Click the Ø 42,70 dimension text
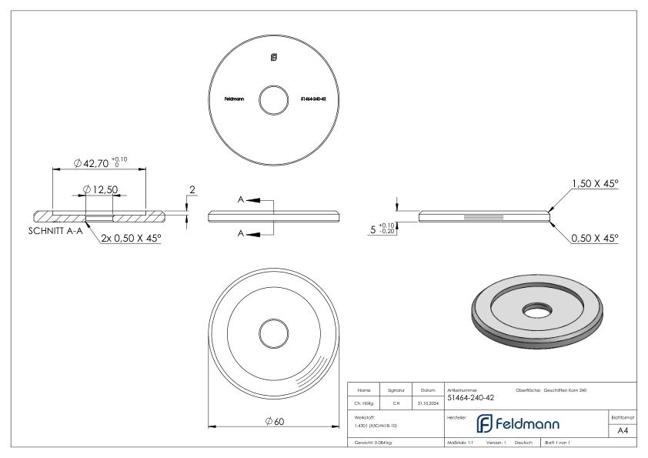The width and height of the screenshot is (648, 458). pos(100,162)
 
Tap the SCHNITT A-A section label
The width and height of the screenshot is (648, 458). pos(58,229)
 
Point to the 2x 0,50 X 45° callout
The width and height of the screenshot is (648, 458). pos(130,239)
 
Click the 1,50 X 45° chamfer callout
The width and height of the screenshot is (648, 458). pos(594,185)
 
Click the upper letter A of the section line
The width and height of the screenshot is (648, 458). pos(241,199)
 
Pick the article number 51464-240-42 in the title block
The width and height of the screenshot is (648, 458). pos(471,398)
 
